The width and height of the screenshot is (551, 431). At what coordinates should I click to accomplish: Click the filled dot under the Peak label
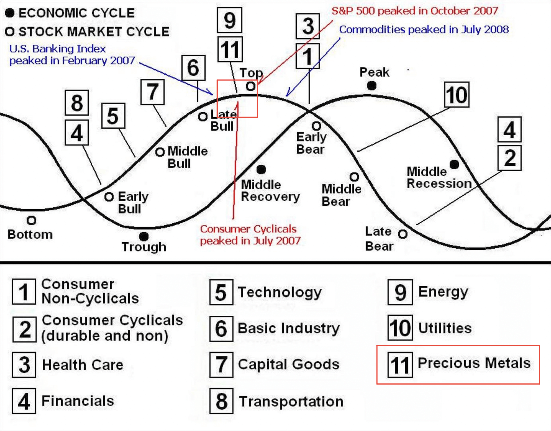pos(372,86)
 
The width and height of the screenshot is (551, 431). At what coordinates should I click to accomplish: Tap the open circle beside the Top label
pos(251,86)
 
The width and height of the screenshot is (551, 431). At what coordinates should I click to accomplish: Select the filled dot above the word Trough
pos(144,236)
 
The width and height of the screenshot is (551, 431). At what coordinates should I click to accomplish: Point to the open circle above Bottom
pos(31,220)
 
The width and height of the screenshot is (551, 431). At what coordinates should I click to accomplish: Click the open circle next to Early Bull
pos(109,197)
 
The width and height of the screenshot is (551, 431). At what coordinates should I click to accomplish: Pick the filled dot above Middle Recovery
pos(261,169)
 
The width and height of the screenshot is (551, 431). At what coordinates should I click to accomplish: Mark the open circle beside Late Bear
pos(403,234)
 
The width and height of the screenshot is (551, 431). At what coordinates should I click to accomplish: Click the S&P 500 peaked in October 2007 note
pos(415,11)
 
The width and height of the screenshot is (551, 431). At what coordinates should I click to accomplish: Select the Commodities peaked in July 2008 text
pos(424,30)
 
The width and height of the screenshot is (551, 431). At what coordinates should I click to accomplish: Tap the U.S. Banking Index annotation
pos(72,55)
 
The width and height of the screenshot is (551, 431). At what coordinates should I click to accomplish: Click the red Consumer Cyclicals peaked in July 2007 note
pos(250,235)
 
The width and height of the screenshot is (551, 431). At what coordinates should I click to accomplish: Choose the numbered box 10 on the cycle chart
pos(457,95)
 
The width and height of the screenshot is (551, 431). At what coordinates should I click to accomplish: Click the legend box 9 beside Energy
pos(400,292)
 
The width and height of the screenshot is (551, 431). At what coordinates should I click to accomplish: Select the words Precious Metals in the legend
pos(474,363)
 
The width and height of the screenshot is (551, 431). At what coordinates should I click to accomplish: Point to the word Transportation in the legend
pos(291,402)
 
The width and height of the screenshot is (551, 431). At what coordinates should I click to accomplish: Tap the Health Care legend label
pos(83,365)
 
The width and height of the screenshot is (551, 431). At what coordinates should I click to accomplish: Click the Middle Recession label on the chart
pos(439,177)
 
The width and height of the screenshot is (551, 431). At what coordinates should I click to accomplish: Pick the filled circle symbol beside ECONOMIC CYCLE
pos(10,13)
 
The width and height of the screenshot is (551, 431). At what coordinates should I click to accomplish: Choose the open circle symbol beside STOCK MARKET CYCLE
pos(10,32)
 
